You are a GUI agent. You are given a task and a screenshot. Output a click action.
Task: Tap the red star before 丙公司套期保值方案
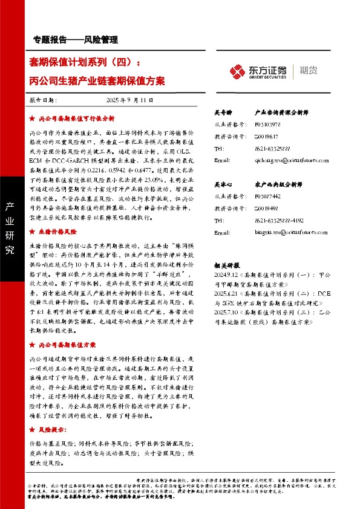click(x=32, y=345)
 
